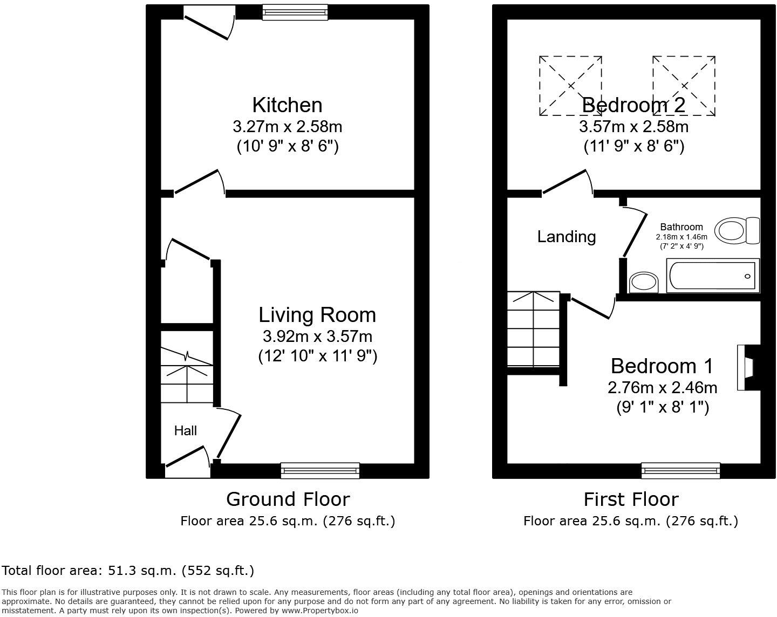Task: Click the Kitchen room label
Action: [287, 105]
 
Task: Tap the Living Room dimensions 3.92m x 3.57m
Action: [317, 337]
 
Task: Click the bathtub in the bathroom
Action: [713, 276]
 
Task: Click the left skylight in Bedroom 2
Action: [570, 86]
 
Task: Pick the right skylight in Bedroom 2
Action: [684, 86]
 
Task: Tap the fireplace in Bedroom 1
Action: [748, 368]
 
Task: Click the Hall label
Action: [185, 430]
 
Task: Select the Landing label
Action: [567, 237]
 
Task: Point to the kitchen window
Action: [295, 12]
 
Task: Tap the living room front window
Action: [320, 471]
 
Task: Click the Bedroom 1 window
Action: [680, 471]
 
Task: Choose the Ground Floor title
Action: [288, 499]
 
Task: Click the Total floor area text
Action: [128, 571]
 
